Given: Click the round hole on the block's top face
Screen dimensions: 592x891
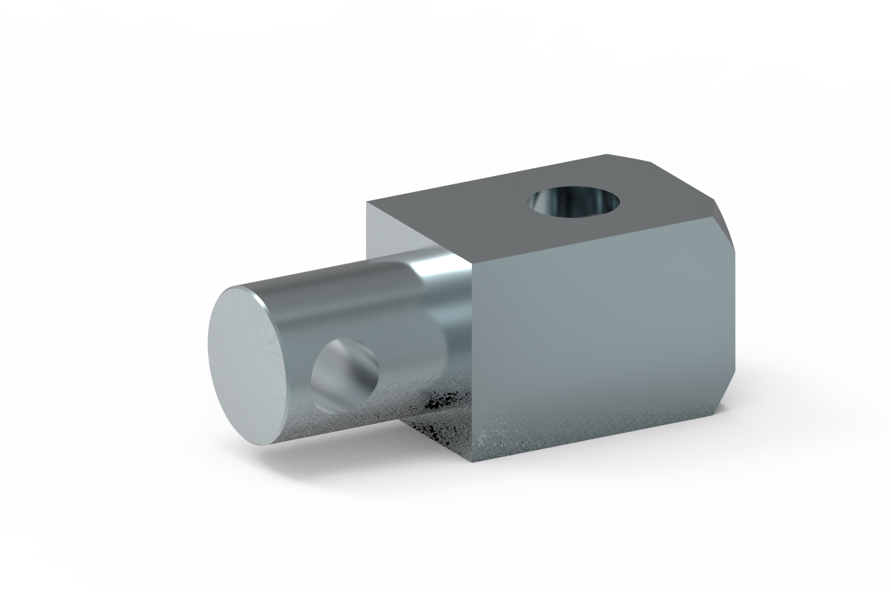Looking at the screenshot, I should tap(574, 202).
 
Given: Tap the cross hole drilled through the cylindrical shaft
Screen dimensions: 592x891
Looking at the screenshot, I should tap(344, 373).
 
